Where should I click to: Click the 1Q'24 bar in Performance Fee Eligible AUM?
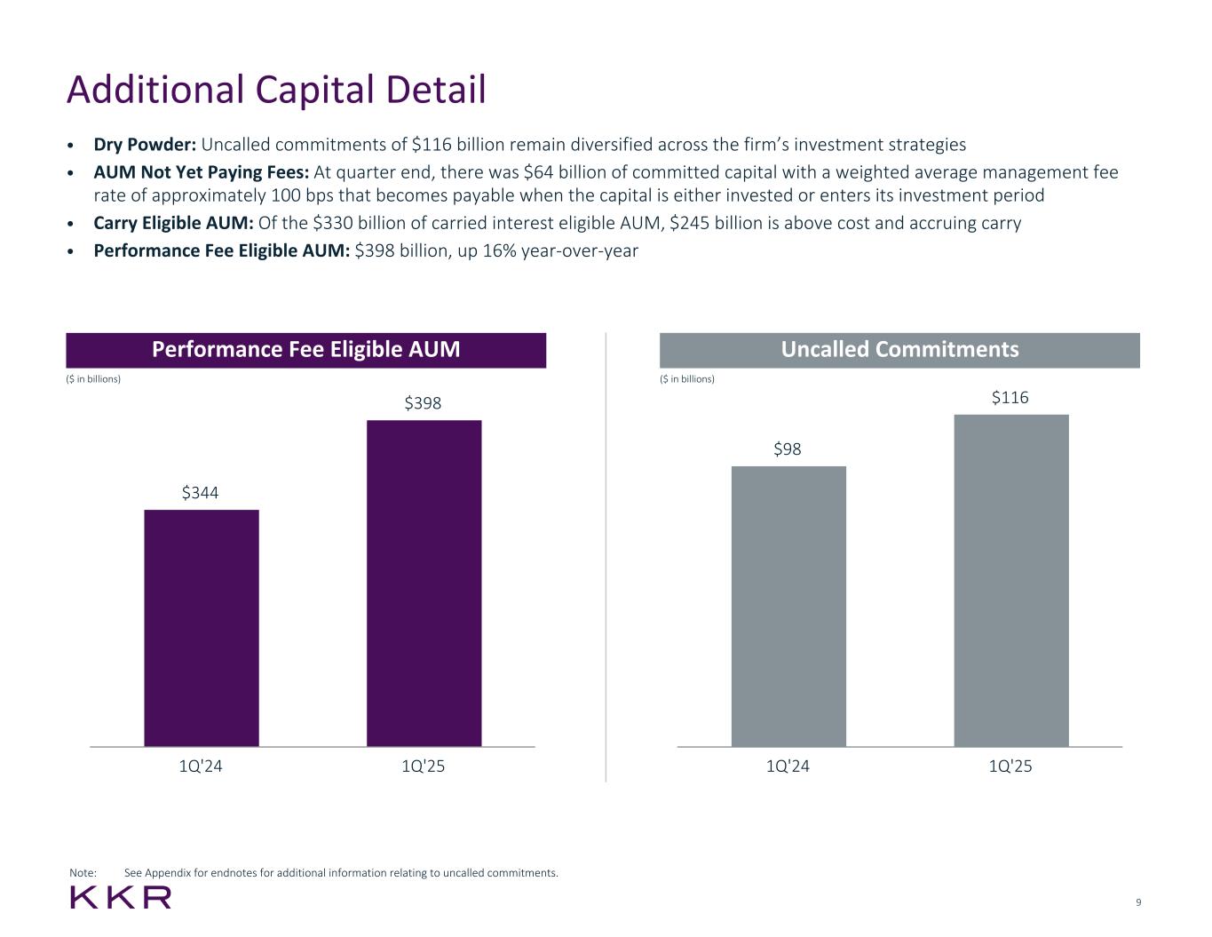[201, 627]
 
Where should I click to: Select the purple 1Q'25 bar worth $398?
[424, 583]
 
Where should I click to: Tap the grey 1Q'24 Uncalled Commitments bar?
[788, 606]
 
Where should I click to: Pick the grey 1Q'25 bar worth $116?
[1010, 580]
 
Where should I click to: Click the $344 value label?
[201, 492]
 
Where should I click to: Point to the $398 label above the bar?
[424, 403]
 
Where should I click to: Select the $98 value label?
[788, 449]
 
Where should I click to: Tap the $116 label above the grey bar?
[1010, 398]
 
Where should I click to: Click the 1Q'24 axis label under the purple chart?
[201, 766]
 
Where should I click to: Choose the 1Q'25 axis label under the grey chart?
[1010, 766]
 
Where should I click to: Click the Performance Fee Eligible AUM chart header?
[306, 349]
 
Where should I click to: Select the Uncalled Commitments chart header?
[899, 349]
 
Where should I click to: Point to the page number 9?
[1138, 903]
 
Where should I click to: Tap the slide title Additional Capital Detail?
[276, 90]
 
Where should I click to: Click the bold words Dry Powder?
[145, 145]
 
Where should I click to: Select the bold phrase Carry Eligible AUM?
[174, 223]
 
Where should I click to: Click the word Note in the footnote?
[83, 873]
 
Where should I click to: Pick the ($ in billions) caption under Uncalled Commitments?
[687, 379]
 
